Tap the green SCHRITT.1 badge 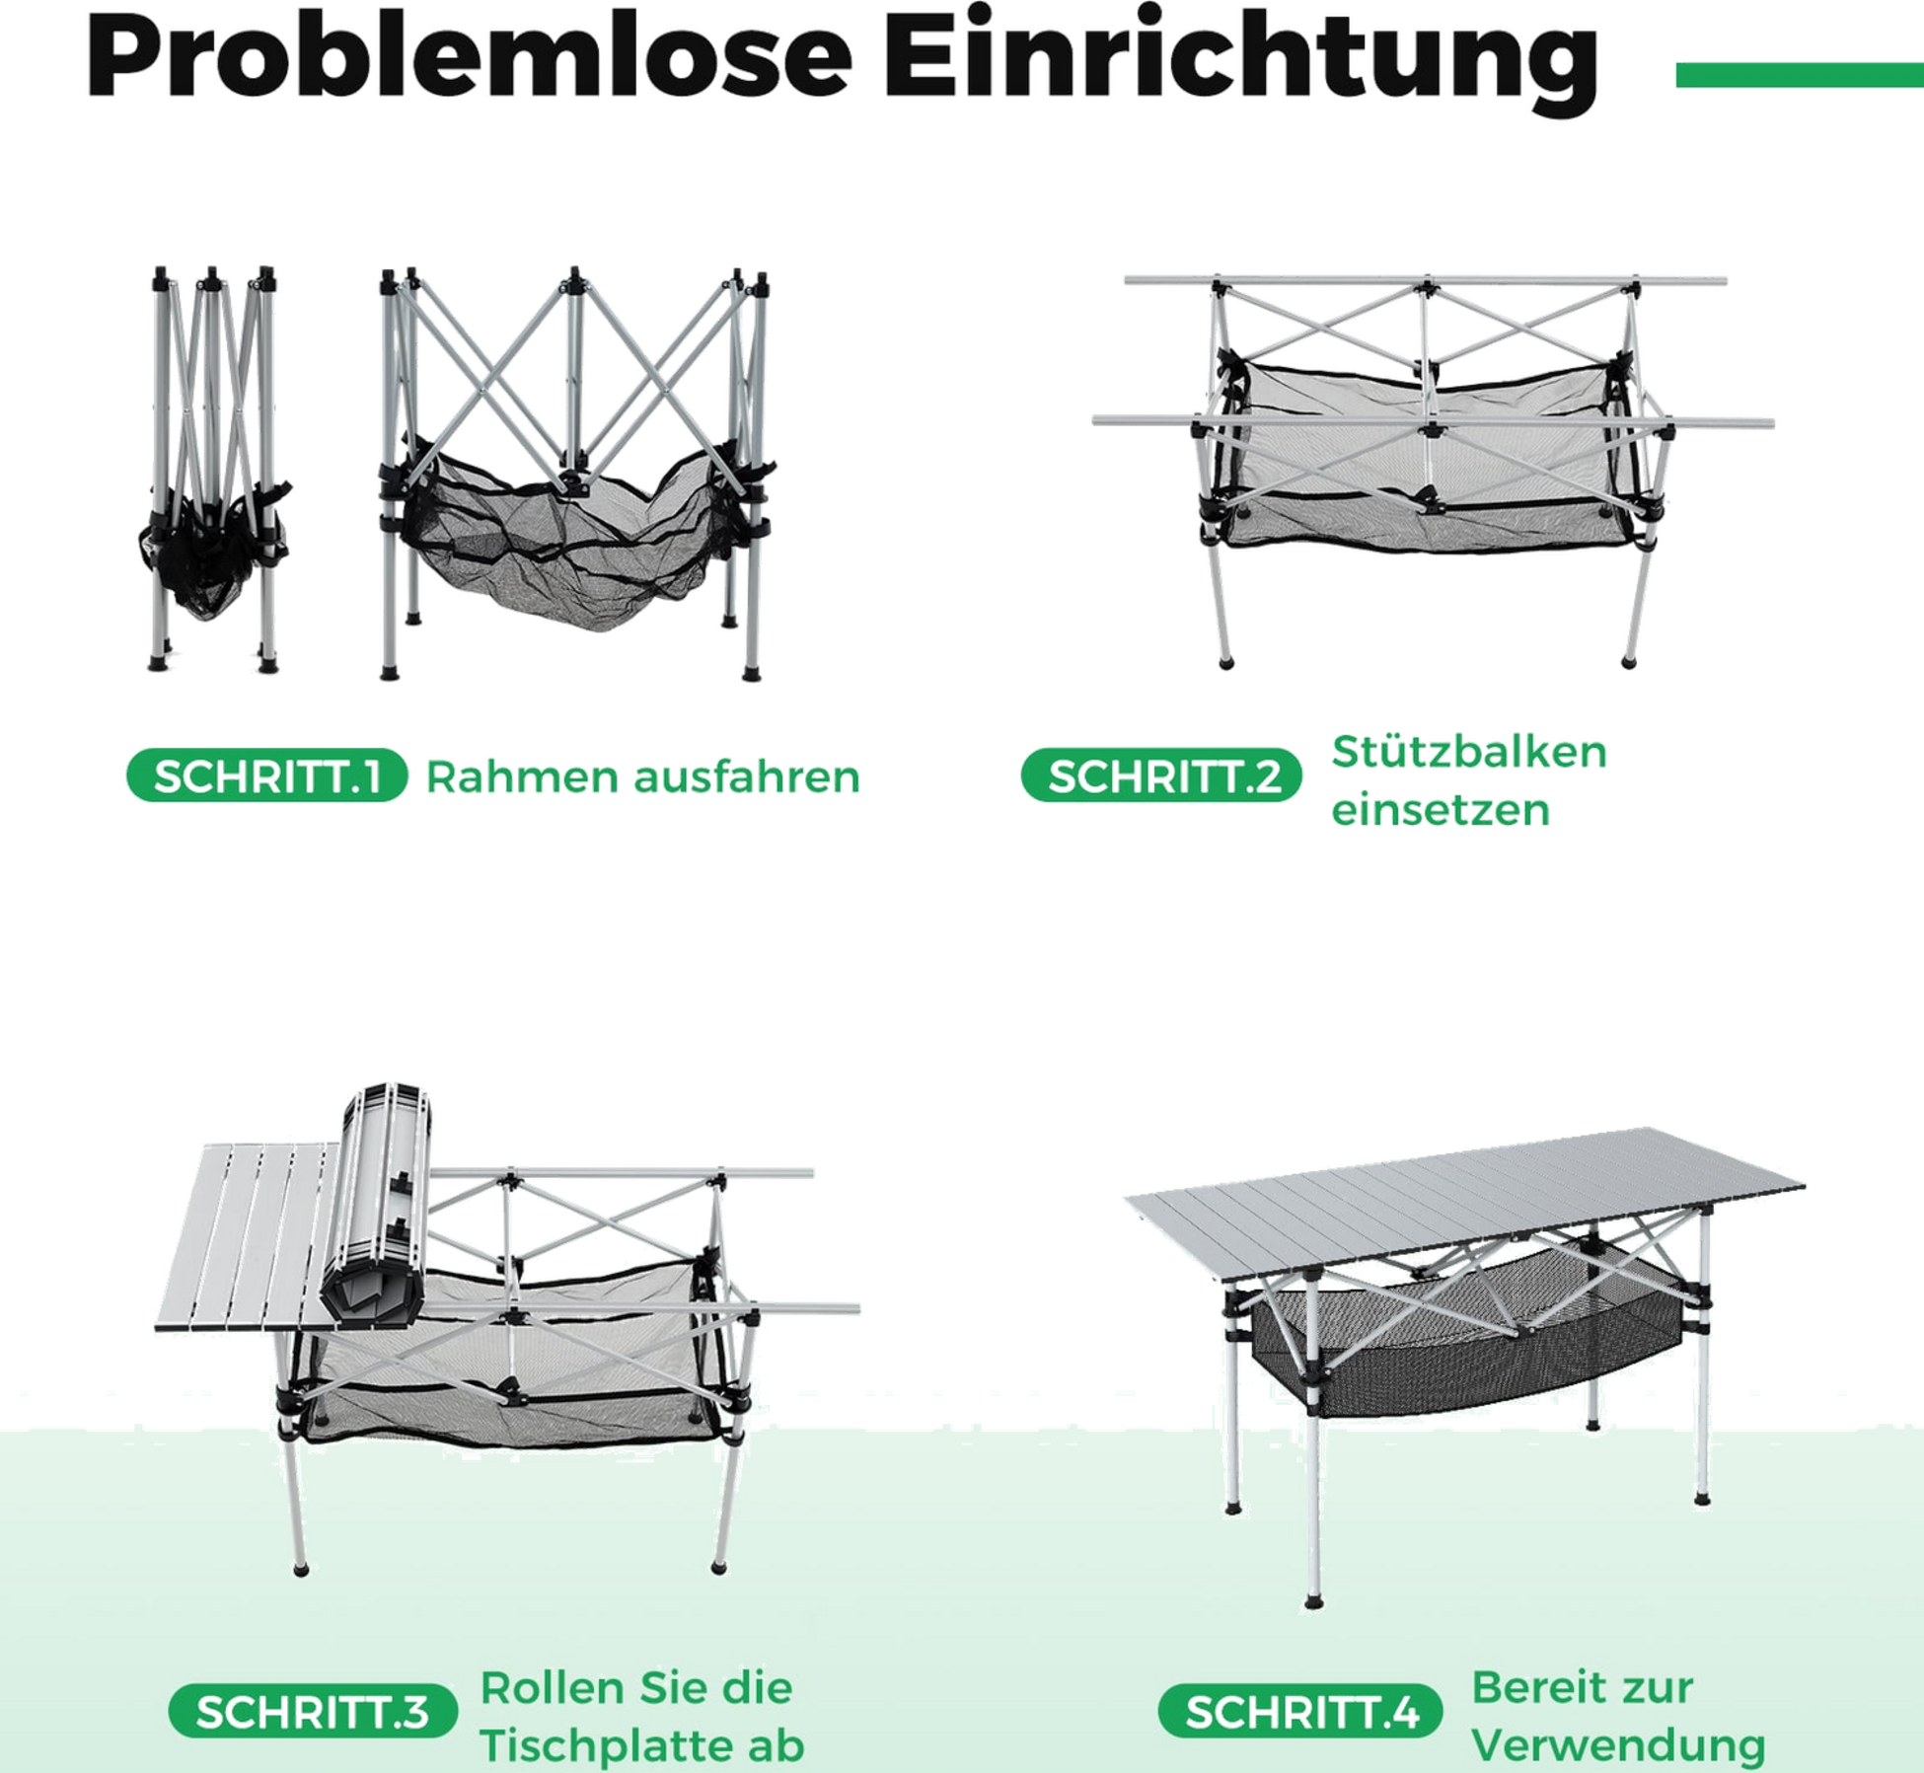(x=267, y=776)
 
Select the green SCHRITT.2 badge (x=1162, y=776)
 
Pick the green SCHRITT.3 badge (x=313, y=1710)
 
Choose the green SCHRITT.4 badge (x=1300, y=1710)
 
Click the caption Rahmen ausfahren (x=643, y=776)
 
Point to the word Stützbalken (x=1469, y=752)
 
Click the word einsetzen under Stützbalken (x=1441, y=810)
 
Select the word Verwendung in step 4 (x=1618, y=1744)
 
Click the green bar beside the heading (x=1800, y=75)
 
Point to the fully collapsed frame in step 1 (x=213, y=469)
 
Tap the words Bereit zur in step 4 (x=1583, y=1688)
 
